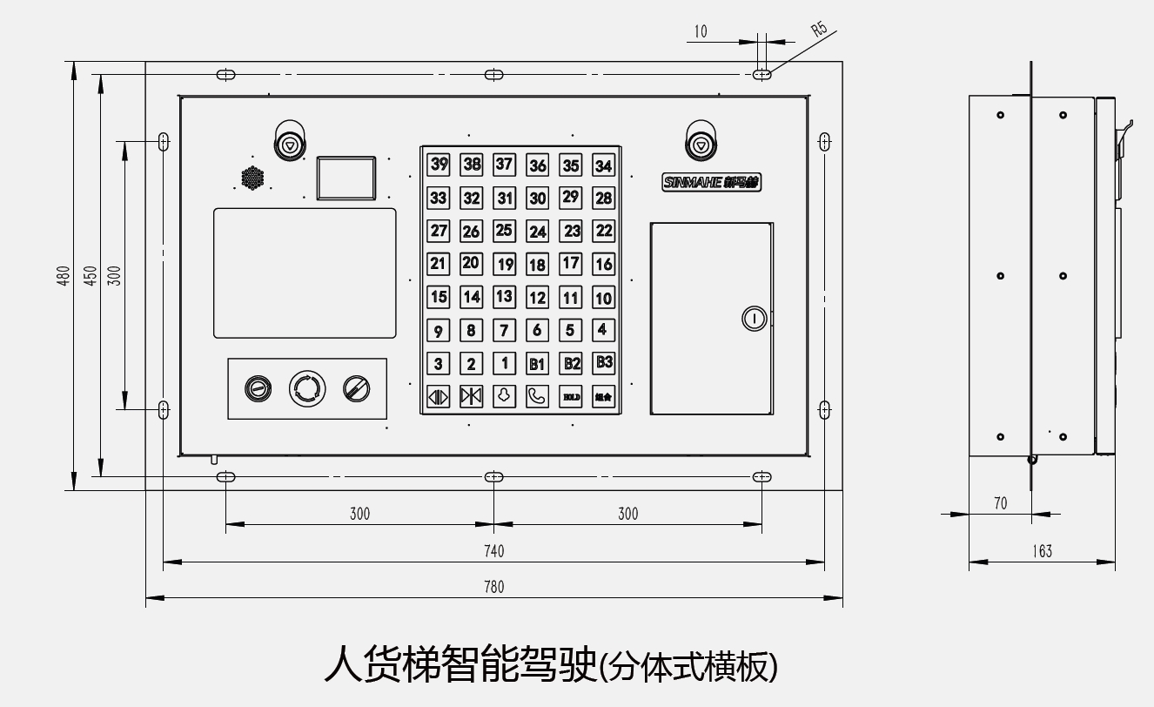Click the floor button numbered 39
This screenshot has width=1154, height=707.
point(439,165)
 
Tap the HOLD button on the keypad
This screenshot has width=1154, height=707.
point(571,396)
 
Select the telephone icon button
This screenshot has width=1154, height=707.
point(538,396)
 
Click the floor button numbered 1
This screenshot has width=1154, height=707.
point(505,363)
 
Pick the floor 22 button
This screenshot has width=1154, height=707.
point(604,231)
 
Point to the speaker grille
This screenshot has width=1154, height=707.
point(252,178)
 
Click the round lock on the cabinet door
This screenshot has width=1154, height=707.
point(754,319)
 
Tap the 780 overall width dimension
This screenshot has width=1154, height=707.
point(493,587)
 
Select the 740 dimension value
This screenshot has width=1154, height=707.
point(493,551)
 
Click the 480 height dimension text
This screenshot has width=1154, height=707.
point(64,276)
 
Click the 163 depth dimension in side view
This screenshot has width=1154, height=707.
point(1042,551)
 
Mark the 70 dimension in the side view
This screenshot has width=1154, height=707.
point(1000,503)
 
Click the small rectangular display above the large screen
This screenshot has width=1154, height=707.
point(346,178)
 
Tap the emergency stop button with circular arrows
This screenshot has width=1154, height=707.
point(307,387)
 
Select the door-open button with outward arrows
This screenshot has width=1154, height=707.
point(438,396)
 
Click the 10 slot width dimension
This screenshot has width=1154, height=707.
point(701,32)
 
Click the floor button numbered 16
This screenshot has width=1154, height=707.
point(604,264)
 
